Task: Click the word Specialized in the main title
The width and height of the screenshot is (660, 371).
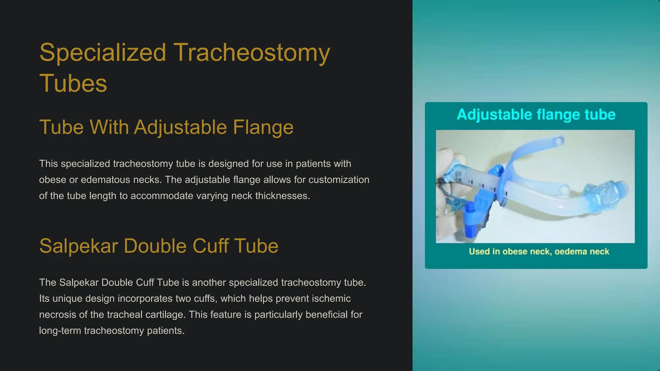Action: point(102,53)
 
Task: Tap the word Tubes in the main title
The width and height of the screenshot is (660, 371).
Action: point(73,83)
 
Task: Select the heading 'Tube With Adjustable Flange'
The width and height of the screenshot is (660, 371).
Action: point(166,127)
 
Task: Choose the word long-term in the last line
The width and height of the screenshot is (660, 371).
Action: point(60,331)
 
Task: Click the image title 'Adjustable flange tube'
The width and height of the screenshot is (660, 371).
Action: point(536,115)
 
